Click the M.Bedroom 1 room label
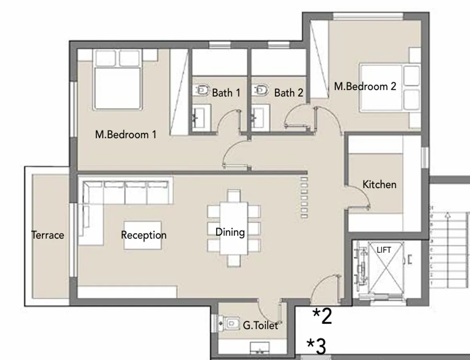126,134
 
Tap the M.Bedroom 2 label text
365,86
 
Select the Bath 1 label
226,93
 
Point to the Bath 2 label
289,93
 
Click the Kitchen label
379,184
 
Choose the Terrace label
47,235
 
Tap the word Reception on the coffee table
144,235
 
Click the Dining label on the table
230,232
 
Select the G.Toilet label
260,325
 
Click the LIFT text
384,250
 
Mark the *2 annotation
323,317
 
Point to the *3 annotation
316,346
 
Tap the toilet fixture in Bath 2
261,90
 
